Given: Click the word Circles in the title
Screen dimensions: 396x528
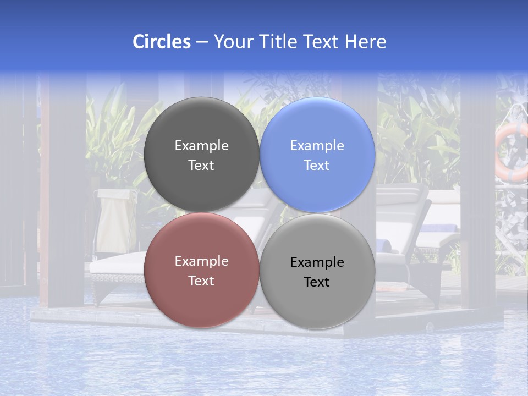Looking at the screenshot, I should point(161,42).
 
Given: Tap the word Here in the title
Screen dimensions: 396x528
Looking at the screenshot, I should point(365,42).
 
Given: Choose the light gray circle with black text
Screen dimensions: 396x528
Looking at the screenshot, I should point(317,297).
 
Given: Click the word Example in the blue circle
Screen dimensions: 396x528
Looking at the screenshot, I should point(317,146).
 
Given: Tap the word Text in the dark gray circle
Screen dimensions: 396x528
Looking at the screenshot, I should point(201,166).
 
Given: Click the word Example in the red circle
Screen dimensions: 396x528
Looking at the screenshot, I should point(201,261).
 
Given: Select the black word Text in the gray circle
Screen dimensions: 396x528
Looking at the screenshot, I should point(317,282).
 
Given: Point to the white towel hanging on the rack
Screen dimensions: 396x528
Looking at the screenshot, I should point(115,220).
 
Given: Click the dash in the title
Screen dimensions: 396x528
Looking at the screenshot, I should point(202,42).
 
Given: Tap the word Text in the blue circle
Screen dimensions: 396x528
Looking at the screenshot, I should point(317,166).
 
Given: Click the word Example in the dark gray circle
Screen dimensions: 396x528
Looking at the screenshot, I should point(201,146).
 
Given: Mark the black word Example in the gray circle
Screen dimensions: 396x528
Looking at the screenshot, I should point(317,262).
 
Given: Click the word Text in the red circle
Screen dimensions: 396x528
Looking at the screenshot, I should point(201,281).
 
